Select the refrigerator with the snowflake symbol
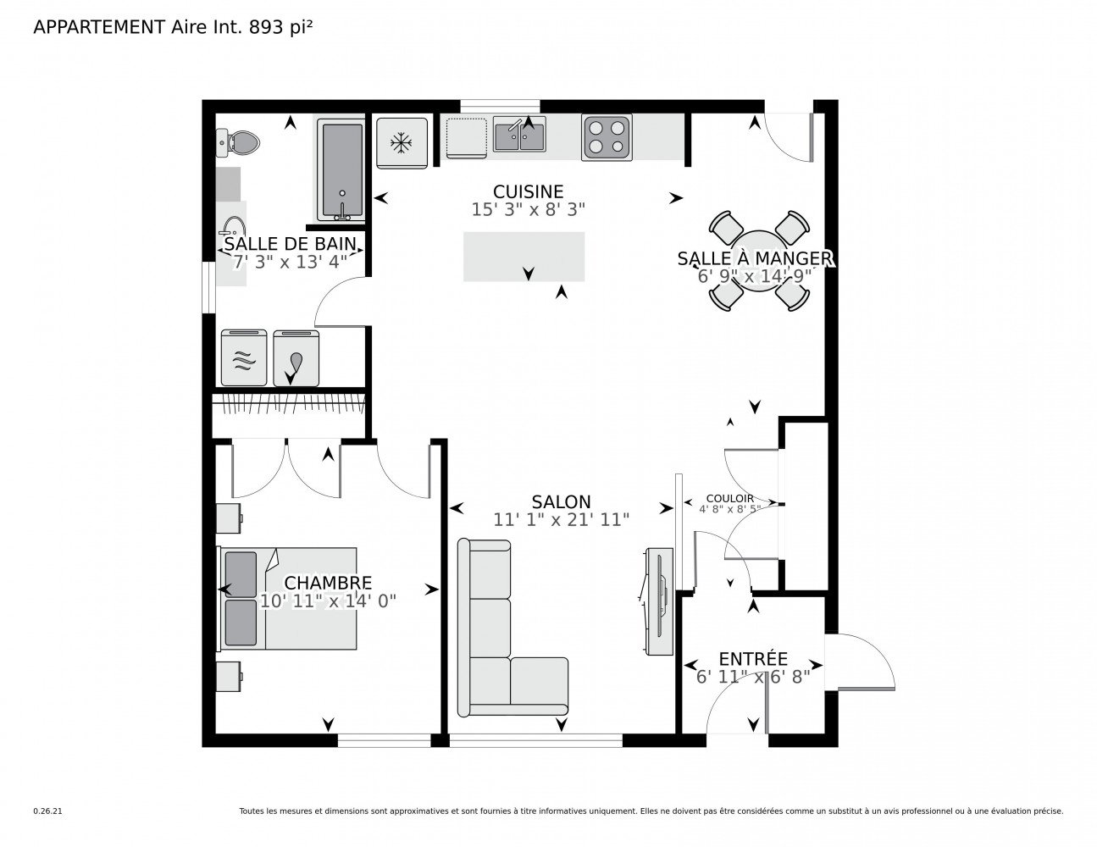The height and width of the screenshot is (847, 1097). [x=402, y=143]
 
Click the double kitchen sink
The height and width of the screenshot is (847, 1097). [x=519, y=134]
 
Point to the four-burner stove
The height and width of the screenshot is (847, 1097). [x=607, y=137]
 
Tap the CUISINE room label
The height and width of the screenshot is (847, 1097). [x=528, y=191]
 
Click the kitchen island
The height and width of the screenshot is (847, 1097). [x=524, y=257]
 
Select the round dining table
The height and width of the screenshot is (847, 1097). [x=759, y=261]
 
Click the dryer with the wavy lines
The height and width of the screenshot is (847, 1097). [x=244, y=358]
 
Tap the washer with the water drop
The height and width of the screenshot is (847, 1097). [x=296, y=358]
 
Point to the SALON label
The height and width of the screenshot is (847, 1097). [x=561, y=501]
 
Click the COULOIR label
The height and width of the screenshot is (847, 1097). [x=729, y=498]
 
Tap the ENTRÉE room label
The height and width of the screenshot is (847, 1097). [x=753, y=659]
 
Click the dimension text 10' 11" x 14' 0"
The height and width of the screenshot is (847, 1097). [x=328, y=601]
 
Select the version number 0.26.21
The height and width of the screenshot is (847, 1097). [x=48, y=811]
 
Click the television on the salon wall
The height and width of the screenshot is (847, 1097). [x=659, y=601]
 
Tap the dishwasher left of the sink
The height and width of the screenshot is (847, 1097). [x=467, y=138]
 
